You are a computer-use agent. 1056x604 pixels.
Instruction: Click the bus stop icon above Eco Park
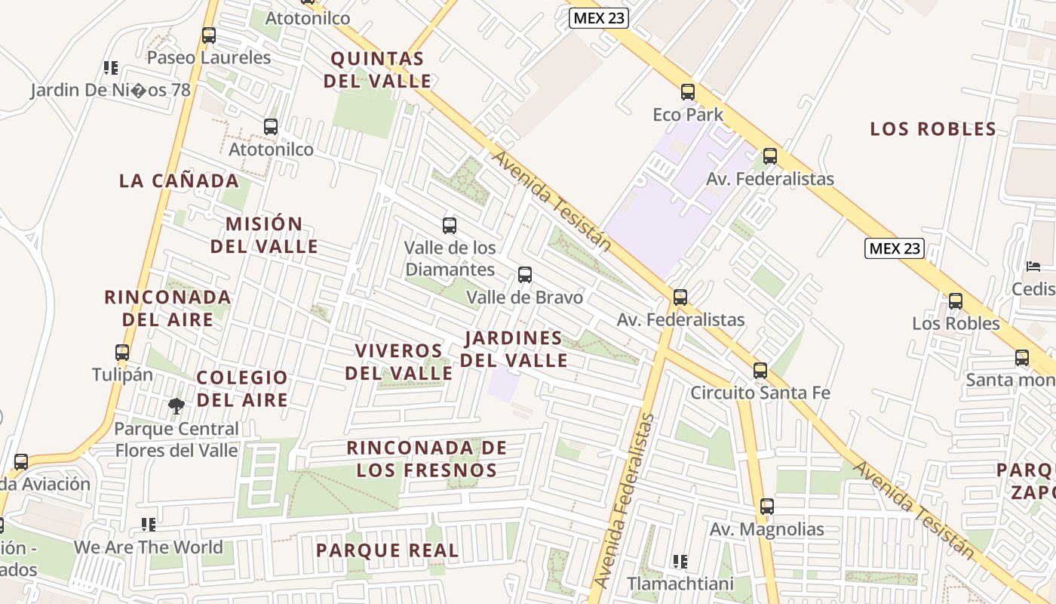[687, 92]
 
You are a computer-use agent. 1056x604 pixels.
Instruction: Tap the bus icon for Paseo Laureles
[209, 35]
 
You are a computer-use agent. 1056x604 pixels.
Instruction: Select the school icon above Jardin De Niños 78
[111, 68]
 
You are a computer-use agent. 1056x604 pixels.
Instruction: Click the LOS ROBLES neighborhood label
[933, 129]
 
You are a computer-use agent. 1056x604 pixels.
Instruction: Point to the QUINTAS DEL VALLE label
[377, 69]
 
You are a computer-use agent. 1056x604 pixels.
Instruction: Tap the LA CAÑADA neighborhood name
[179, 181]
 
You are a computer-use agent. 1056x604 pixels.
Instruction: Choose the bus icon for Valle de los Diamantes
[450, 225]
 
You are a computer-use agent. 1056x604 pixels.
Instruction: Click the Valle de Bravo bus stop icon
[525, 275]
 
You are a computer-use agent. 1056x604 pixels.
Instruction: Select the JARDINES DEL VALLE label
[514, 349]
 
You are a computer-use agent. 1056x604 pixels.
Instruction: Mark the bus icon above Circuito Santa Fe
[760, 371]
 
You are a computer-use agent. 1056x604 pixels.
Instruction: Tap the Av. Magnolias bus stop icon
[767, 507]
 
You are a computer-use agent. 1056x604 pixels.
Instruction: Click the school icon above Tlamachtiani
[680, 562]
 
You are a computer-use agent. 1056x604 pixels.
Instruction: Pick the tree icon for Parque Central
[177, 406]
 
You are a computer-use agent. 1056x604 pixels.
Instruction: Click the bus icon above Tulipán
[122, 352]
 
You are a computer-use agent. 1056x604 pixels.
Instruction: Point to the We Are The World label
[149, 547]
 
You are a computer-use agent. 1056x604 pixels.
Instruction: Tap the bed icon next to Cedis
[1033, 267]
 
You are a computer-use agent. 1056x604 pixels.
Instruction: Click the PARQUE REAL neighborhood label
[387, 550]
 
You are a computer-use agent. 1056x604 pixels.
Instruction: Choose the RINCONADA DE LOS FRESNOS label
[426, 459]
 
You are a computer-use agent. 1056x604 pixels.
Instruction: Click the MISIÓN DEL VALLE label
[264, 235]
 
